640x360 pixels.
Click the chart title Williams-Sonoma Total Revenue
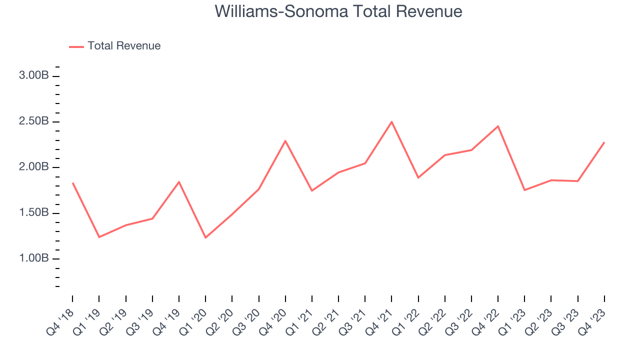(338, 11)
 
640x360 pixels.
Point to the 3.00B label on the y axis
(34, 76)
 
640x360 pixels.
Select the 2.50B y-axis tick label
(34, 121)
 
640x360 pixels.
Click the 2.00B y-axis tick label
(34, 167)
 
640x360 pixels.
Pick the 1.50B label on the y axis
(34, 213)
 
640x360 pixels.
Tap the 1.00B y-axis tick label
(34, 258)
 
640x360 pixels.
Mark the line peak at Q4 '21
(391, 121)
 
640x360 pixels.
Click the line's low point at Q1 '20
(205, 237)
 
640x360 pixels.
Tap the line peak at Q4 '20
(285, 140)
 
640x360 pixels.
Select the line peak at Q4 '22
(498, 126)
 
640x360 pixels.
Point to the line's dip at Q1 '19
(99, 237)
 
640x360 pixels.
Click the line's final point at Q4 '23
(604, 142)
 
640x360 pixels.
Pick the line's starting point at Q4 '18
(72, 183)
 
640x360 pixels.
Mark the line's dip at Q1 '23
(524, 190)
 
